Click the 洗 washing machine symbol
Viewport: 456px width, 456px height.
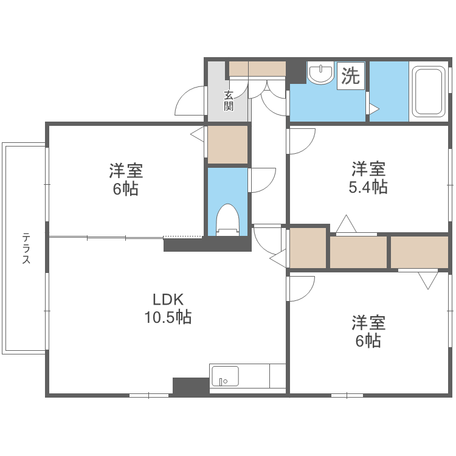pos(351,75)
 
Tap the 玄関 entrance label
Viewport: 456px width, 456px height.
pos(229,100)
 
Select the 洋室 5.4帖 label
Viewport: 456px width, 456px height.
pos(368,177)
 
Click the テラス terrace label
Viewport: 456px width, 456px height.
pos(27,247)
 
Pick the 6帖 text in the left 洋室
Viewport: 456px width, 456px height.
pos(125,188)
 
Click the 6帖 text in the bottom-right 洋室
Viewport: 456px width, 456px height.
pos(368,340)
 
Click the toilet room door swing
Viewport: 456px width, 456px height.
pos(263,180)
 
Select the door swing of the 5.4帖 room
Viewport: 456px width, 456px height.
pos(302,141)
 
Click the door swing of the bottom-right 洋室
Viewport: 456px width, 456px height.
pos(302,288)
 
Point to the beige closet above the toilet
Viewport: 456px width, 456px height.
pos(228,144)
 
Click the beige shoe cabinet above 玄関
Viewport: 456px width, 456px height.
pos(257,69)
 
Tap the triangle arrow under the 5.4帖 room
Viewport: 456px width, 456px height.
pos(347,224)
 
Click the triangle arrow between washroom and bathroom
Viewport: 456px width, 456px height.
pos(373,109)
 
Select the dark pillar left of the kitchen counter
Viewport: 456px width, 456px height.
pos(191,386)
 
